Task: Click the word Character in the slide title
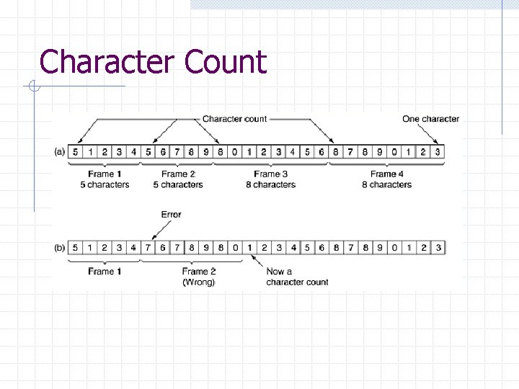[107, 61]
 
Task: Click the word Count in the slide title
[226, 61]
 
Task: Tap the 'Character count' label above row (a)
[234, 119]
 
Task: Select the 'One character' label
[430, 119]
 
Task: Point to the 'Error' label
[171, 215]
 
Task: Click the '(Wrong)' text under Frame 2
[199, 282]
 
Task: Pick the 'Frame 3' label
[271, 174]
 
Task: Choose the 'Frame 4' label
[386, 174]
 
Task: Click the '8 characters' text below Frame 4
[386, 184]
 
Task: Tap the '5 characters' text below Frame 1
[105, 184]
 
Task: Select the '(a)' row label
[60, 152]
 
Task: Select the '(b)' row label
[60, 248]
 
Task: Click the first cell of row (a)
[75, 152]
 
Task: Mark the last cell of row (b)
[438, 248]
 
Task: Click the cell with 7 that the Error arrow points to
[148, 248]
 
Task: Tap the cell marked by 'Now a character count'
[250, 248]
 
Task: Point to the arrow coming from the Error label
[161, 230]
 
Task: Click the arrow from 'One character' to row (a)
[427, 134]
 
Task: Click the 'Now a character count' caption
[297, 277]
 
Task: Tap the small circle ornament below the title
[34, 86]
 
